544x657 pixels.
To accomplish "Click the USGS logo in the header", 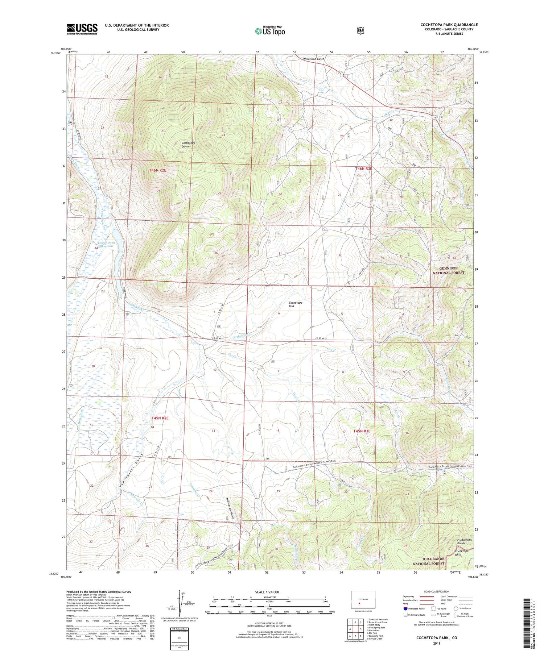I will coord(82,29).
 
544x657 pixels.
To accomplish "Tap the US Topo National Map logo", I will coord(270,31).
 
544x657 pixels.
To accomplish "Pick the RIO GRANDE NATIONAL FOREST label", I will coord(428,561).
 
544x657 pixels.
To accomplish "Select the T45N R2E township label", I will coord(160,418).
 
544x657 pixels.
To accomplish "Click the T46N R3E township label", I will coord(363,169).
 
